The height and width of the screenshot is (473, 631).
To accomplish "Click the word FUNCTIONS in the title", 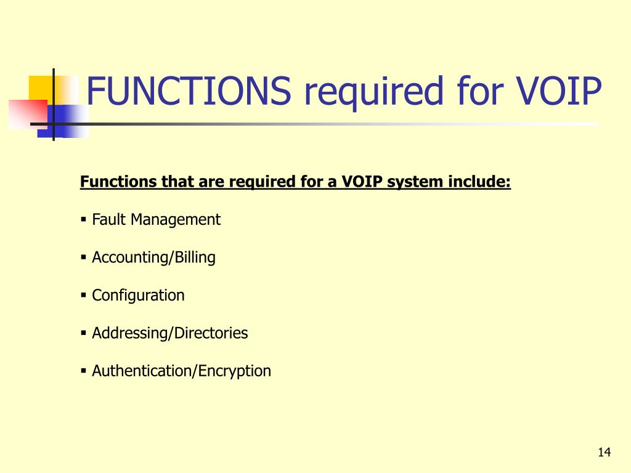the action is click(x=189, y=91).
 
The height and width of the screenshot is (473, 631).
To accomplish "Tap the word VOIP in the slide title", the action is click(x=559, y=91).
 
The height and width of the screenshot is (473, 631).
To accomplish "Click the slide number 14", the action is click(x=604, y=452).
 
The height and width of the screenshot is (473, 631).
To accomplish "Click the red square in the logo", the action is click(x=28, y=115).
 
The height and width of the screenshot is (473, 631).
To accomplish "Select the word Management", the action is click(x=176, y=220).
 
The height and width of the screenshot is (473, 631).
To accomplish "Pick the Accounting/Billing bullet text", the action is click(x=153, y=258).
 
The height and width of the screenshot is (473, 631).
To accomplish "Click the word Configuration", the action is click(x=138, y=296).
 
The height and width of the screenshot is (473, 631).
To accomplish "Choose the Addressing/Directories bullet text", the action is click(x=170, y=333).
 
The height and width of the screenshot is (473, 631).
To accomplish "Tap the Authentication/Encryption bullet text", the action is click(x=182, y=371).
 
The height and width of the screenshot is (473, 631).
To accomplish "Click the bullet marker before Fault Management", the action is click(x=84, y=220).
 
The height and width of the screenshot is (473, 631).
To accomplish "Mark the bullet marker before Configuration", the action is click(x=84, y=295).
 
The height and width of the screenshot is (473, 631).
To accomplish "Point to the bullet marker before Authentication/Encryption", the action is click(x=84, y=371).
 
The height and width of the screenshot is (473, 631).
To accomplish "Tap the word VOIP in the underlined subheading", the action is click(x=362, y=182).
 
